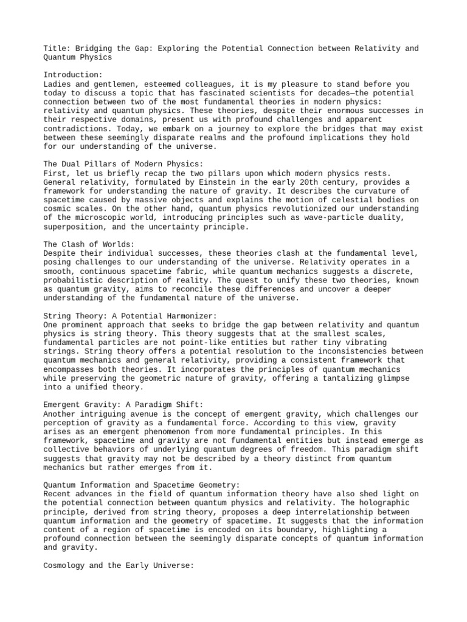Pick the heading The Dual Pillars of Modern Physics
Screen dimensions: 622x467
point(123,164)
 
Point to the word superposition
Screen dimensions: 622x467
point(75,227)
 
